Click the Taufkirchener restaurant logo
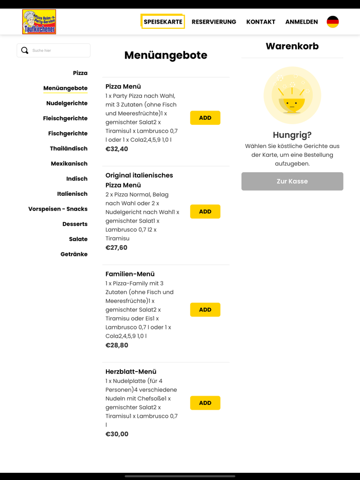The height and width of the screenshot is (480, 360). pos(39,22)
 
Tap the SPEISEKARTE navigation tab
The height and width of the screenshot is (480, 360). pos(163,22)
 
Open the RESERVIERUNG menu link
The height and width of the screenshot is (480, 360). pos(214,22)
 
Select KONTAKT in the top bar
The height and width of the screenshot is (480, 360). pos(261,22)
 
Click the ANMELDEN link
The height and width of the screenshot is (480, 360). pos(301,22)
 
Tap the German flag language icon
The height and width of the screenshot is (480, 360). pos(333,22)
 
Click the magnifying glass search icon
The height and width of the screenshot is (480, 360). pos(25,50)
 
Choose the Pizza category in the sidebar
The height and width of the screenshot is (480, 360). pos(80,73)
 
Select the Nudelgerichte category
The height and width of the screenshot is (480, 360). pos(67,103)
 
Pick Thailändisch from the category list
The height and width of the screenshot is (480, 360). pos(68,149)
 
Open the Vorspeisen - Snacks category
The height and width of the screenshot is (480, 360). pos(58,209)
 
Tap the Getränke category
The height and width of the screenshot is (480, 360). pos(74,254)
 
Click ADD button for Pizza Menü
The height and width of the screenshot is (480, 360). pos(205,118)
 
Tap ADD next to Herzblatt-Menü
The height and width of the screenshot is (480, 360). pos(205,403)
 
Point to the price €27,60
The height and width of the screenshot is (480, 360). pos(116,248)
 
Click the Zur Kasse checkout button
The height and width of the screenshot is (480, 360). pos(292,181)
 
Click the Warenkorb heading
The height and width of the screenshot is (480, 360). pos(292,46)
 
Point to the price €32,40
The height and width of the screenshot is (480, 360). pos(117,149)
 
